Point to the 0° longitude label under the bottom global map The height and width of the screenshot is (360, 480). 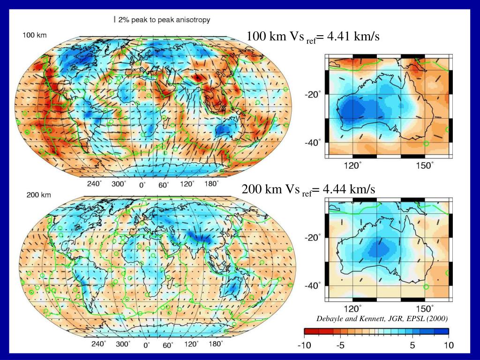[x=146, y=345]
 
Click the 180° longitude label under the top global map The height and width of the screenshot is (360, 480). [x=210, y=184]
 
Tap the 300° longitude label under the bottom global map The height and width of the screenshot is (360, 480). [x=123, y=344]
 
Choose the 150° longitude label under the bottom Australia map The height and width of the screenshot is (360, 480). [x=425, y=309]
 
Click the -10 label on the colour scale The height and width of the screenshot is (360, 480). [x=304, y=345]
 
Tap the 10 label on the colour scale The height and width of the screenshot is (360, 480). [x=448, y=345]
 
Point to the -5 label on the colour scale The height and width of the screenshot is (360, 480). [x=340, y=345]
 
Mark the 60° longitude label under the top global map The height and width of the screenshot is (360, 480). [x=163, y=185]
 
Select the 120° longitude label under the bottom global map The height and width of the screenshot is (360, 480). [x=190, y=344]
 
